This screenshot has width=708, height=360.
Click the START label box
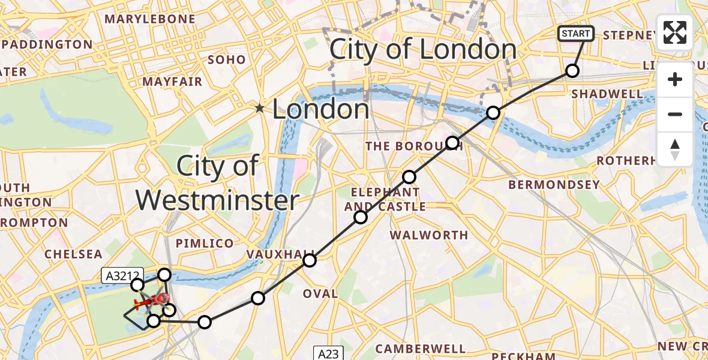coord(576,34)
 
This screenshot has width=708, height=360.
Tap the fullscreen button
coord(675,32)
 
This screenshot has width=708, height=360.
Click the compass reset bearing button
coord(675,149)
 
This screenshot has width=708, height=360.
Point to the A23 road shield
coord(328,353)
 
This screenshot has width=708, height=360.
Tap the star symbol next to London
coord(259,109)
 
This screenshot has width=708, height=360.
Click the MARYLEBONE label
coord(150,19)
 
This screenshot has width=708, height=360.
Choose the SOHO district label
coord(227,59)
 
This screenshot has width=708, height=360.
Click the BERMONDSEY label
coord(554,185)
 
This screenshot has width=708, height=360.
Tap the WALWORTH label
coord(429,235)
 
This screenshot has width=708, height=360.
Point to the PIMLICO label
coord(205,243)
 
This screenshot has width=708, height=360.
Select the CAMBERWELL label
coord(420,349)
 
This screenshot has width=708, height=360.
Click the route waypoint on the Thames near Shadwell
coord(493,112)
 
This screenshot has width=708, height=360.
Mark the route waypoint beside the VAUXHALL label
coord(309,260)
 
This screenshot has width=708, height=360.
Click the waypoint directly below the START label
coord(572,71)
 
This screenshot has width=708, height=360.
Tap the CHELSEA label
coord(74,254)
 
